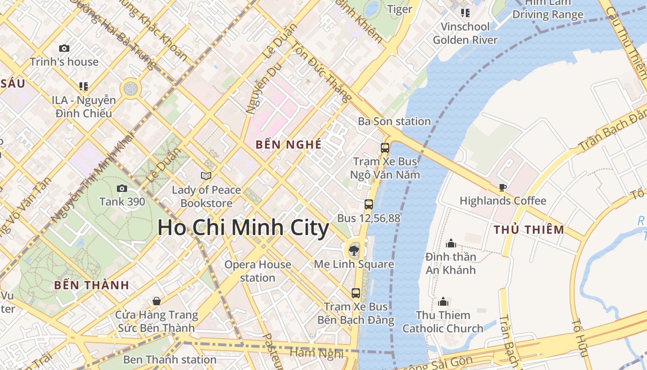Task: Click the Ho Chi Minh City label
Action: [x=243, y=228]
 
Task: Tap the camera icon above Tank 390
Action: [x=122, y=188]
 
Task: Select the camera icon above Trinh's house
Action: [x=64, y=48]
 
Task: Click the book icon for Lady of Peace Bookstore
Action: [x=206, y=176]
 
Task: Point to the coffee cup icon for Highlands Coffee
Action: [x=503, y=187]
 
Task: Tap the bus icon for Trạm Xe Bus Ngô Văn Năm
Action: [x=385, y=148]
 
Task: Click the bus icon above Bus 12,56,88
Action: [x=368, y=204]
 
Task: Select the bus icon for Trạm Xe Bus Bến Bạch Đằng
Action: [x=355, y=293]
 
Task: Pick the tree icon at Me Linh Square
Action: [x=354, y=251]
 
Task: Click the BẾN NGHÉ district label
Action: [x=288, y=144]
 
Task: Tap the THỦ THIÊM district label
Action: [x=529, y=229]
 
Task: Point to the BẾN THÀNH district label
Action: [x=92, y=285]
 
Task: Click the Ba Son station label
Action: [x=394, y=122]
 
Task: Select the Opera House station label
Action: [x=257, y=271]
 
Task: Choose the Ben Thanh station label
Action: [x=170, y=359]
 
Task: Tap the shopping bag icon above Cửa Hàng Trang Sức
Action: [x=157, y=301]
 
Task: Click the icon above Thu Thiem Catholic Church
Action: [x=443, y=302]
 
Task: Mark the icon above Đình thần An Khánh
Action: [x=451, y=243]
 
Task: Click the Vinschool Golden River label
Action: [x=465, y=33]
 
